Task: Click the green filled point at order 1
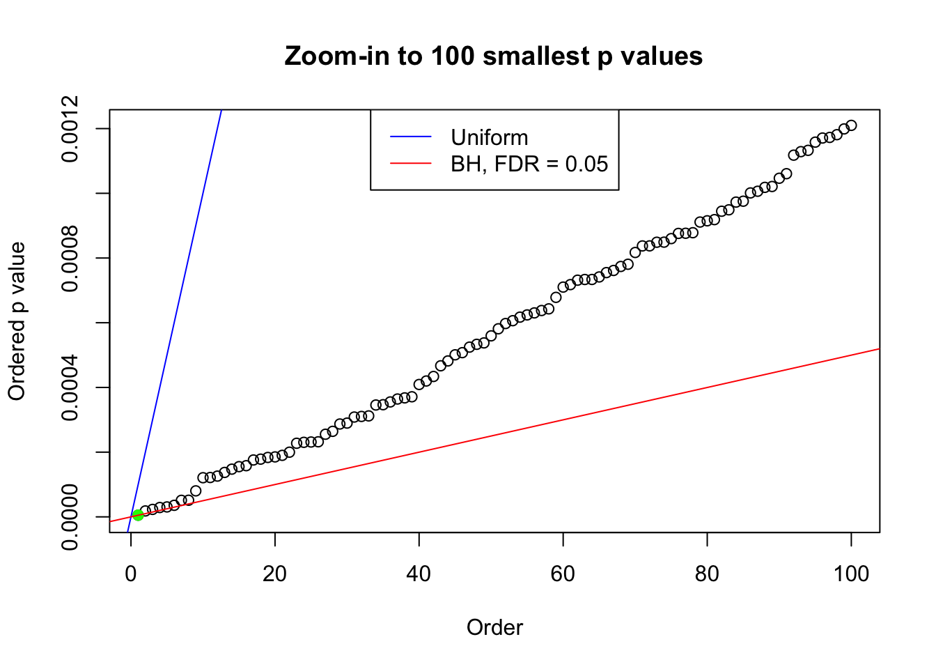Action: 138,515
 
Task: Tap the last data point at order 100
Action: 851,125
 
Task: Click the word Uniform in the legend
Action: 489,137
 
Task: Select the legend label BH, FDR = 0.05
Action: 529,164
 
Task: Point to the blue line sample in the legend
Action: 411,137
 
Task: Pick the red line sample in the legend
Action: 411,164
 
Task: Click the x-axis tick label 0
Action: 131,574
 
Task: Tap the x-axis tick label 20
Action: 275,574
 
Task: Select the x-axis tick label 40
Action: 419,574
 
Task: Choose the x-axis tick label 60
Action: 563,574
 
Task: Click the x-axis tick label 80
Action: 707,574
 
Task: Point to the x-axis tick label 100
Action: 851,574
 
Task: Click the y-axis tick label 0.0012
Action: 70,129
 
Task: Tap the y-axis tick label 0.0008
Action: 70,258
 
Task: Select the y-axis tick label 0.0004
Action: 70,387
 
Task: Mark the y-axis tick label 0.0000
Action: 70,517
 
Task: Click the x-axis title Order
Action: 494,627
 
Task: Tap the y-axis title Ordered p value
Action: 17,321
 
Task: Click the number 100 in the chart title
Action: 452,56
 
